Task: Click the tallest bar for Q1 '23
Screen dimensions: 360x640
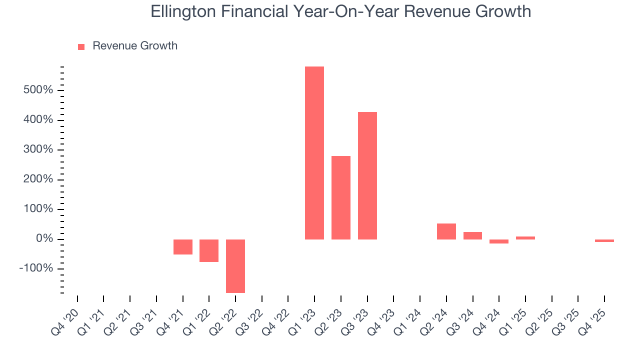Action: click(x=314, y=152)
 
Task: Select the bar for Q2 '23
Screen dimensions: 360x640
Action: click(x=341, y=197)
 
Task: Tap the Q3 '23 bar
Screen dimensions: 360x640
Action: click(x=367, y=175)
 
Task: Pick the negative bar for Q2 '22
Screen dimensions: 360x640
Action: click(x=235, y=266)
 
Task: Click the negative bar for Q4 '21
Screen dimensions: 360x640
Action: click(x=183, y=247)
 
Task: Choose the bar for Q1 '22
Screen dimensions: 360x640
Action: click(x=209, y=250)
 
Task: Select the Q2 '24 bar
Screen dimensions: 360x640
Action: click(x=446, y=231)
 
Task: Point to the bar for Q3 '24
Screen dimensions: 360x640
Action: click(x=472, y=235)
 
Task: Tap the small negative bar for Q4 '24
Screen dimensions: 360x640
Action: click(x=499, y=241)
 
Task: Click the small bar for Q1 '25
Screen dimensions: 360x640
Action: click(x=525, y=238)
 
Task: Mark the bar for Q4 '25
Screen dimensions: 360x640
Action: click(x=604, y=240)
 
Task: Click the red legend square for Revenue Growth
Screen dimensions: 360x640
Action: click(x=81, y=46)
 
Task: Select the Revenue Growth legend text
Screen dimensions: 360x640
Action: click(x=135, y=46)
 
